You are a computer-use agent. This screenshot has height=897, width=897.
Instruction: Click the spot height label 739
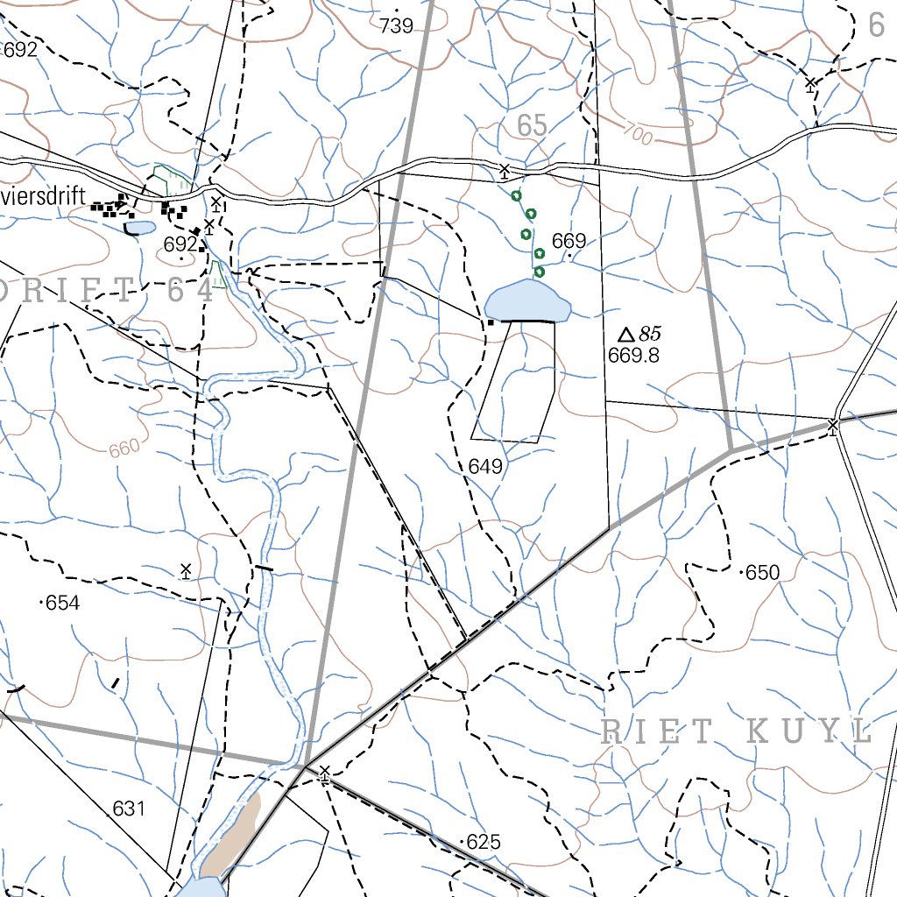click(397, 26)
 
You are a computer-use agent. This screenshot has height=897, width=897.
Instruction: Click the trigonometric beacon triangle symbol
click(625, 335)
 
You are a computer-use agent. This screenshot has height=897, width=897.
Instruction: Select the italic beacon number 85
click(650, 334)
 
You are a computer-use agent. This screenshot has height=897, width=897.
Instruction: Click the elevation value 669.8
click(632, 355)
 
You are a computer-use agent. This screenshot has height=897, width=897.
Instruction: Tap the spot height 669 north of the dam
click(569, 242)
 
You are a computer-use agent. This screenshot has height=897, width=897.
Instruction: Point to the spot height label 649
click(485, 467)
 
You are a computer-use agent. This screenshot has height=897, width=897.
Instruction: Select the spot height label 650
click(762, 573)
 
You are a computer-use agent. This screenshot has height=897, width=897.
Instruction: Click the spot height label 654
click(62, 603)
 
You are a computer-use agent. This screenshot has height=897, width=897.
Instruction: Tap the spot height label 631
click(128, 809)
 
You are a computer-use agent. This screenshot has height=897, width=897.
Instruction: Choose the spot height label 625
click(483, 843)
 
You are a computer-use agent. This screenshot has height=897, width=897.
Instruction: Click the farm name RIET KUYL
click(737, 732)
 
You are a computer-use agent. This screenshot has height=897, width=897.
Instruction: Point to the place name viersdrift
click(43, 196)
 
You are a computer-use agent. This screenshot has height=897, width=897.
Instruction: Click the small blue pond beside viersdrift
click(139, 229)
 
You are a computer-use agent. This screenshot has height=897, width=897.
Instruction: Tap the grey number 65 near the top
click(532, 126)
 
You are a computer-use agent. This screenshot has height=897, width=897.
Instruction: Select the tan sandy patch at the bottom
click(232, 837)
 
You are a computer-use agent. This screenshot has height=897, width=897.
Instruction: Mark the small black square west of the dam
click(491, 322)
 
